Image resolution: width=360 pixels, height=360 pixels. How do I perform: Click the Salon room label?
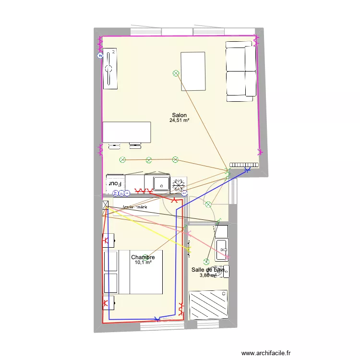point(180,115)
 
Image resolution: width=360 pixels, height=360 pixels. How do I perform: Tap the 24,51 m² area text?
point(179,121)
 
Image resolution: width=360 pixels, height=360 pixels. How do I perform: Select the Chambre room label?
point(143,257)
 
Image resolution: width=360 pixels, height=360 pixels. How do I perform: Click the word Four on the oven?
point(115,183)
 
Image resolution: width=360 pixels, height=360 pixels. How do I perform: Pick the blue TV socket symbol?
point(100,56)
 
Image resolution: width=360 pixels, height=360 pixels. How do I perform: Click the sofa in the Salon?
point(240,71)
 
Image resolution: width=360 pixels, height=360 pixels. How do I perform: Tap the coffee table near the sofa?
point(193,71)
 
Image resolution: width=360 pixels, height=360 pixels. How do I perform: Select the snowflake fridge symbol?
point(179,184)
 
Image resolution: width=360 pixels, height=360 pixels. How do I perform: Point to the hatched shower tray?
point(208,304)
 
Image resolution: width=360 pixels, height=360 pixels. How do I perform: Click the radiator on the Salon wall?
point(244,164)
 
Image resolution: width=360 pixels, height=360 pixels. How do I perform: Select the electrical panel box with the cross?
point(106,205)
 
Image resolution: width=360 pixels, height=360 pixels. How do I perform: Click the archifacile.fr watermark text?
point(266,353)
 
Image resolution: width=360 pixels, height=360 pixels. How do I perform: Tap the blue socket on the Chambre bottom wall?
point(157,318)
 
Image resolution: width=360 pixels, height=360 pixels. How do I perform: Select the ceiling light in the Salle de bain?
point(206,262)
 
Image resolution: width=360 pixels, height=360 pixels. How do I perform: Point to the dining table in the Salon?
point(127,132)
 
